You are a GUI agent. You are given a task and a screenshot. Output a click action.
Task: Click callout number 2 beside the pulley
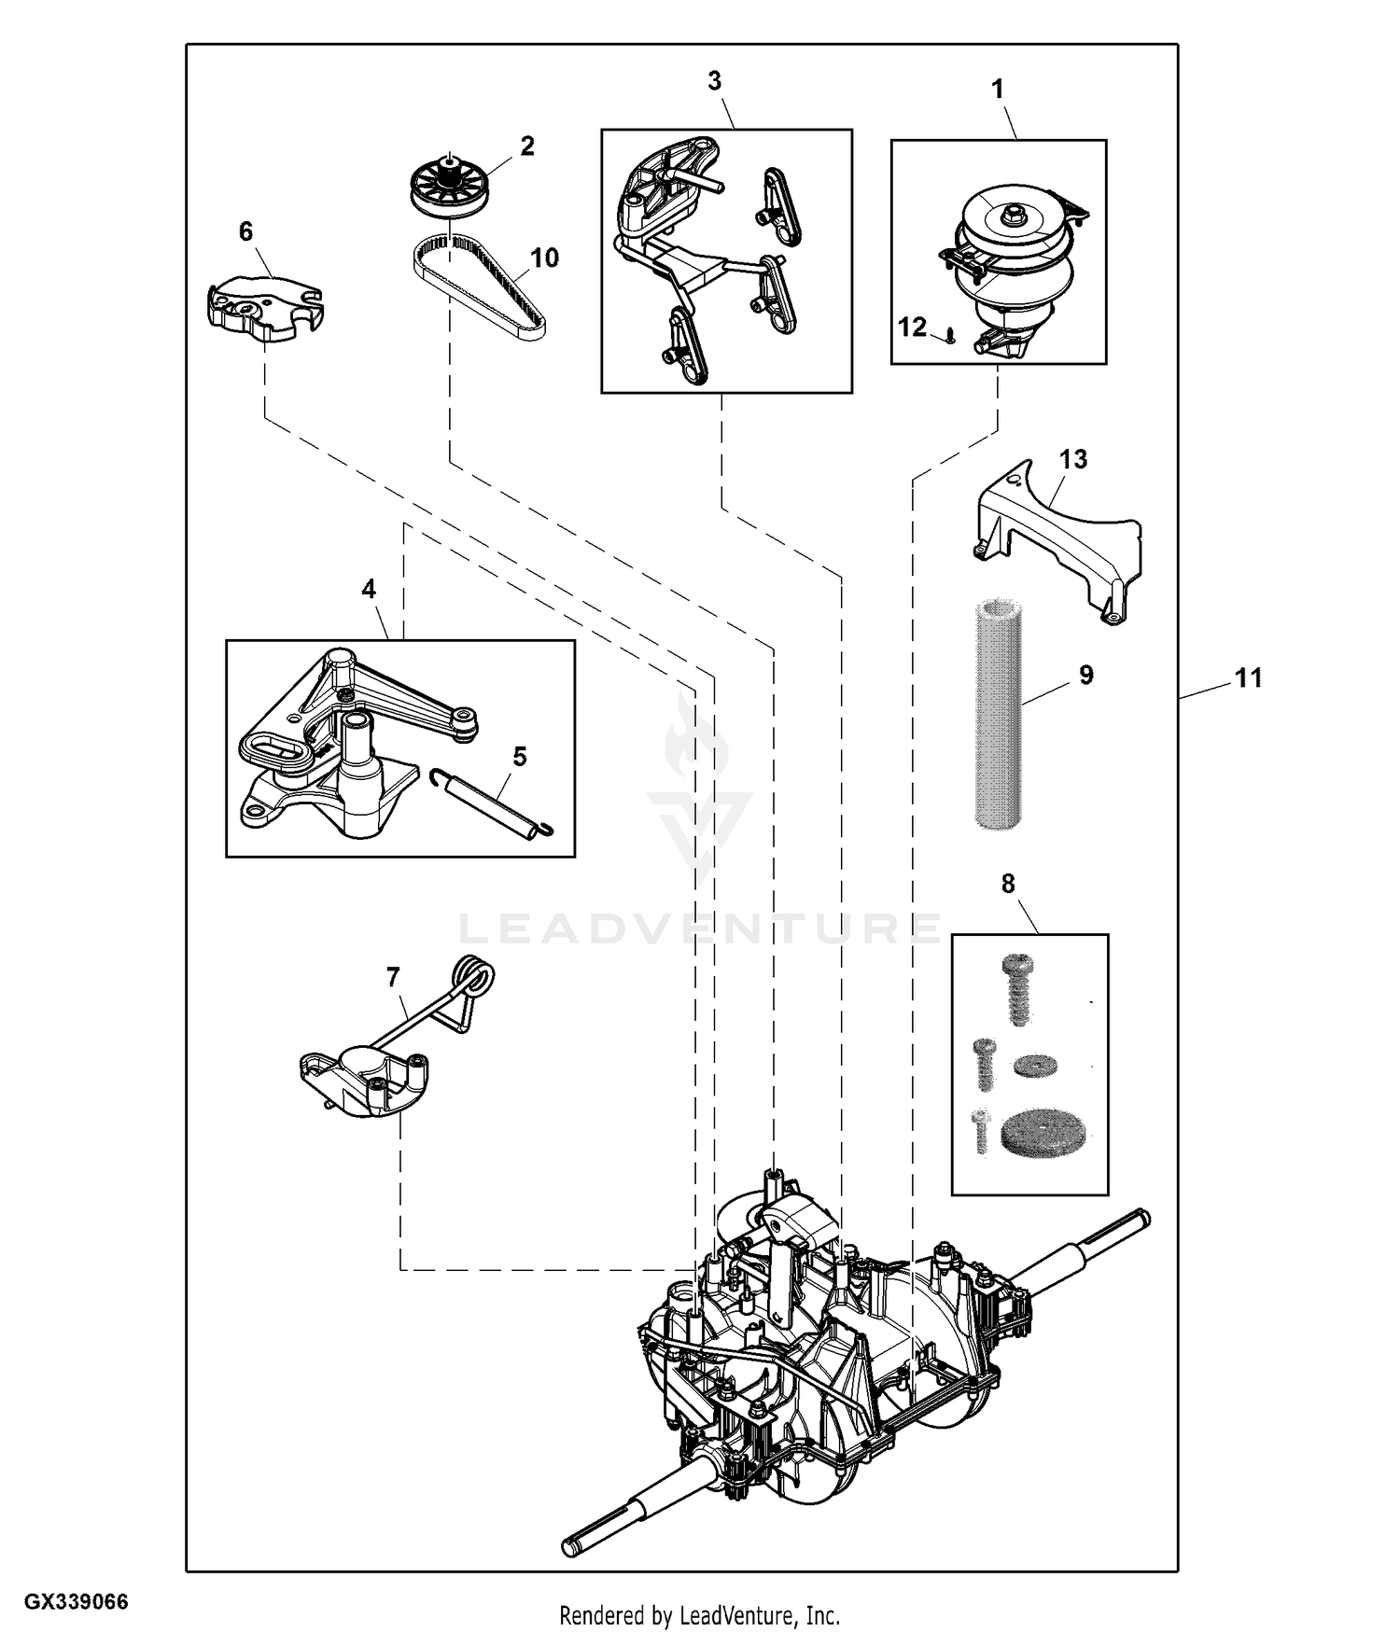click(x=527, y=146)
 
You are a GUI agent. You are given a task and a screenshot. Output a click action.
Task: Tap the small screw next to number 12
click(x=949, y=335)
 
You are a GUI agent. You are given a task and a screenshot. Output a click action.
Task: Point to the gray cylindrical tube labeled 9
click(x=997, y=715)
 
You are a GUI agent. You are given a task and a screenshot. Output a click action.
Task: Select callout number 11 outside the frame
click(x=1248, y=678)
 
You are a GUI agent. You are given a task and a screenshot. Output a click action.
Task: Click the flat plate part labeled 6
click(x=264, y=303)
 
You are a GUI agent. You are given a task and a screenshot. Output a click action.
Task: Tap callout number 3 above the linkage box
click(x=714, y=81)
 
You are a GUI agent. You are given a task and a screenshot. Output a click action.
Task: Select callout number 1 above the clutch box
click(x=998, y=90)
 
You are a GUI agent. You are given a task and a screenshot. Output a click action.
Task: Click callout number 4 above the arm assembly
click(x=369, y=589)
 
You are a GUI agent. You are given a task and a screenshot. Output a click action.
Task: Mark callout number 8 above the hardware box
click(x=1008, y=883)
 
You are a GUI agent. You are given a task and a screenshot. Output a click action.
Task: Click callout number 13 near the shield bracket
click(x=1073, y=459)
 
